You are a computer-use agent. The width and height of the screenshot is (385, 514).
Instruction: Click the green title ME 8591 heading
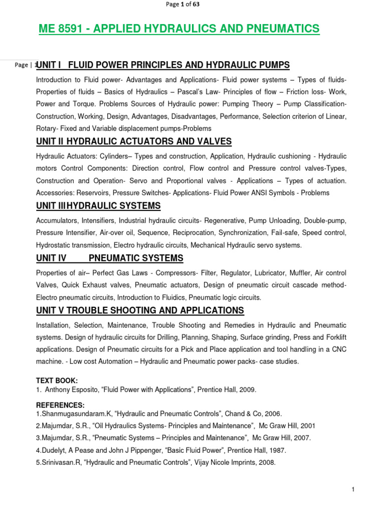(x=179, y=29)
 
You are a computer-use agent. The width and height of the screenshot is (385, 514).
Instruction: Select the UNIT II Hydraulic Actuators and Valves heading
(x=134, y=141)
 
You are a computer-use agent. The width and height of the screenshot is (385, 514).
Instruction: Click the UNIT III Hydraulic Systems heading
(x=98, y=205)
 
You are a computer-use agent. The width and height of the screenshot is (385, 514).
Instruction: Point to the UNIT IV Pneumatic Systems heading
(x=110, y=258)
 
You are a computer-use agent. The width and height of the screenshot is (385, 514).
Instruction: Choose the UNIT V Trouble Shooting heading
(x=140, y=310)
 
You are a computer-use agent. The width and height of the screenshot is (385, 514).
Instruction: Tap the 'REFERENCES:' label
(x=60, y=405)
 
